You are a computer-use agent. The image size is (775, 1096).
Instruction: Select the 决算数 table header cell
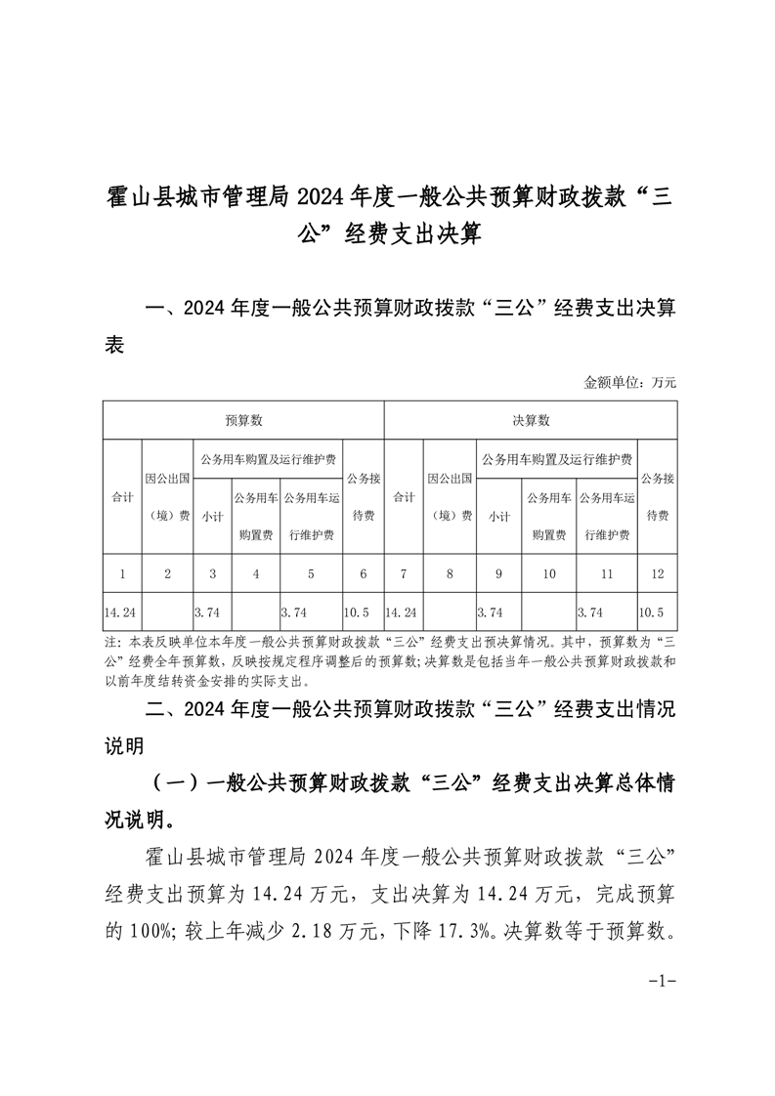531,420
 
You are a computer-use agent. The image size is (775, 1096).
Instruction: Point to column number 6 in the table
363,573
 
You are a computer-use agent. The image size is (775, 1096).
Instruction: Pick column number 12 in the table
656,573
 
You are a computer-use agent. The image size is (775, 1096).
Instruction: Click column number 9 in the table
498,573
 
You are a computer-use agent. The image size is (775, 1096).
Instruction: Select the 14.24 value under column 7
402,612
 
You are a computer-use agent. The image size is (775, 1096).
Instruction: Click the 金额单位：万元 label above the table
629,382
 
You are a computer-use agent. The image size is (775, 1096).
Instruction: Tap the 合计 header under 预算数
122,496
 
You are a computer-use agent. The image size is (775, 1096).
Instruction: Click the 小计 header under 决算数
498,515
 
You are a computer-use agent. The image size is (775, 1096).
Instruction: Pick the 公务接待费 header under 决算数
656,496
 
